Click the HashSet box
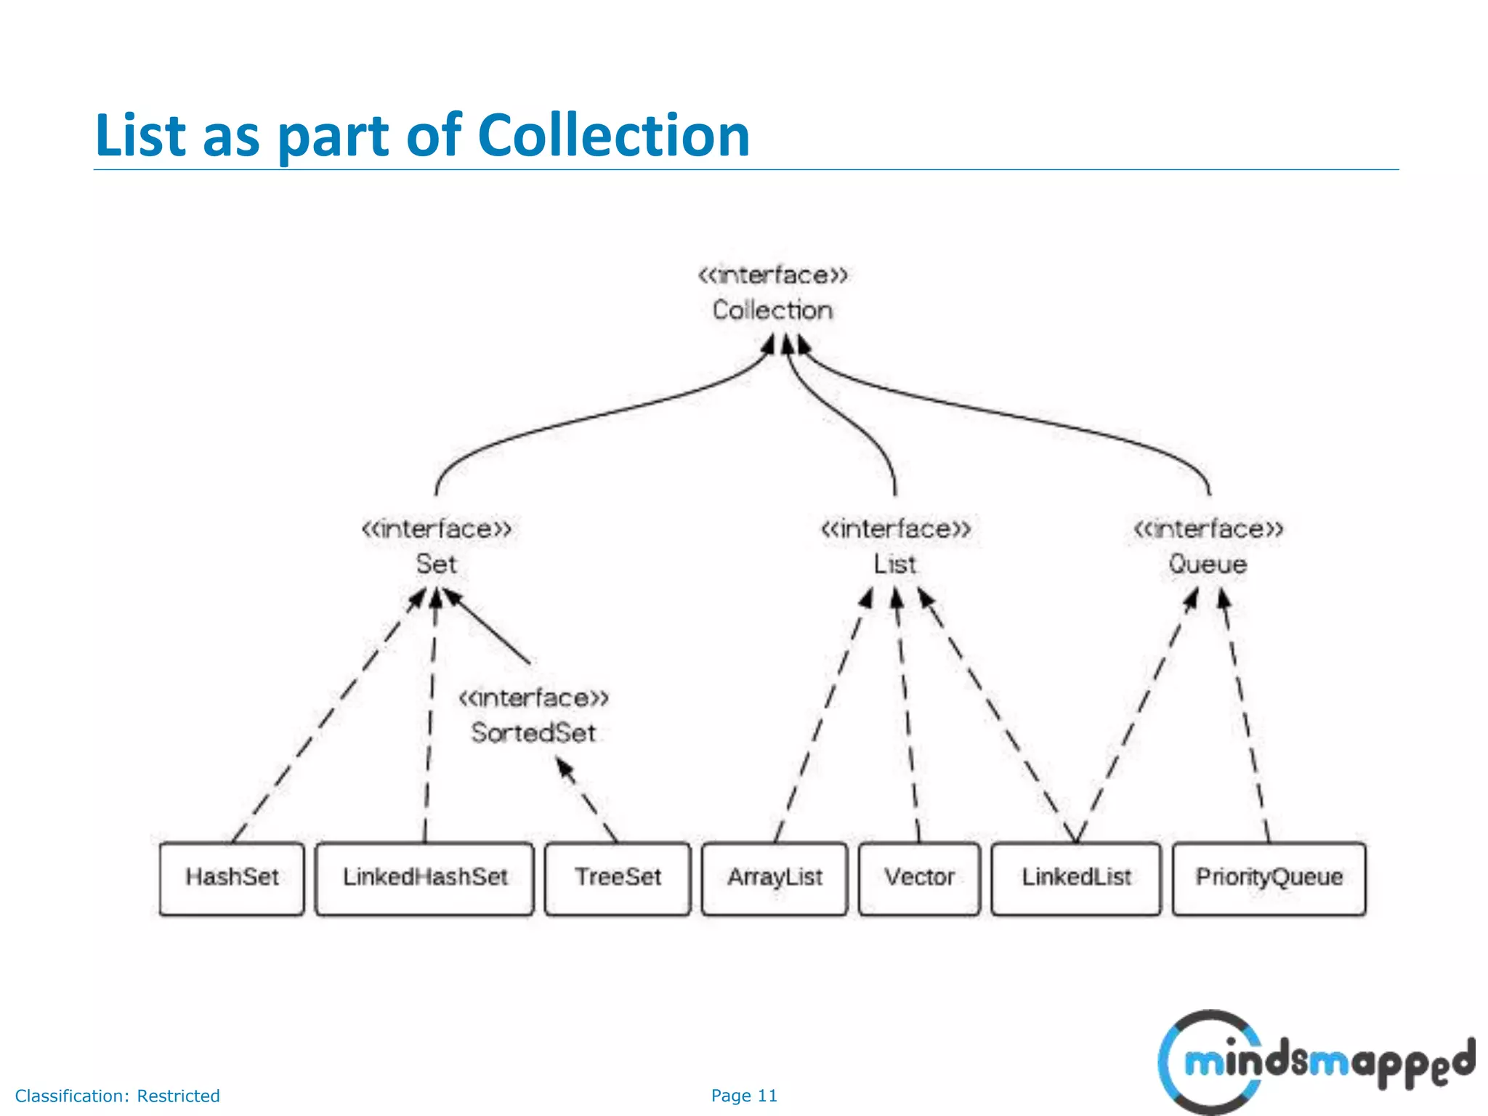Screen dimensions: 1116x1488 [231, 878]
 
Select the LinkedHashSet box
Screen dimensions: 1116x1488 [424, 878]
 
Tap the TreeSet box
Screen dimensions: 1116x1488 [618, 878]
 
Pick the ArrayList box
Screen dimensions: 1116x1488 [775, 878]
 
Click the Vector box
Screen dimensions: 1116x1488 [919, 878]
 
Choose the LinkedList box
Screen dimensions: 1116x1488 [1076, 878]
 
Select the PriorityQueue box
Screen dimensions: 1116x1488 [1269, 878]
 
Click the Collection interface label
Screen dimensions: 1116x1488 [772, 310]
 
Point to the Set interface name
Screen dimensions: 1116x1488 [436, 564]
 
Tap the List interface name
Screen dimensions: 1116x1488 [895, 564]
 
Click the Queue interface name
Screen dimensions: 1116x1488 [1208, 564]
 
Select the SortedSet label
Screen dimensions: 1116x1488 [533, 732]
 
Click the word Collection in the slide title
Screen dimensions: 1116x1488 [613, 135]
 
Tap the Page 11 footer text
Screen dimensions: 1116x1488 [744, 1096]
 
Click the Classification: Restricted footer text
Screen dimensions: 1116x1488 [117, 1096]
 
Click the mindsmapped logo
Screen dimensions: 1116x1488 [1315, 1062]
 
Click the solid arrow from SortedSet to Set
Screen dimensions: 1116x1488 [488, 627]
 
